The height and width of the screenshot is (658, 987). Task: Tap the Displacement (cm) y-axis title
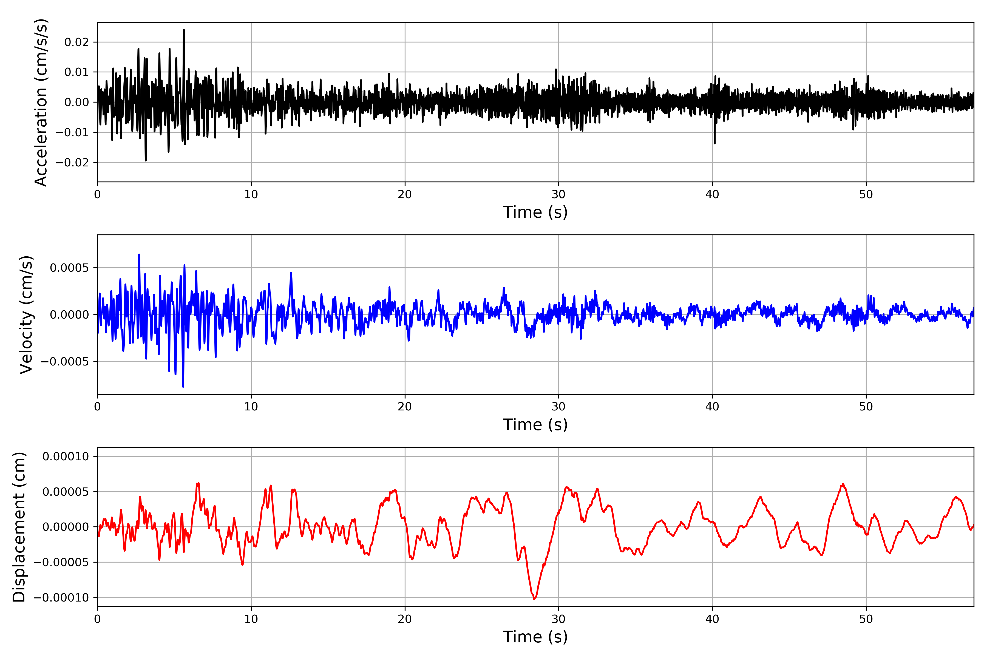tap(19, 527)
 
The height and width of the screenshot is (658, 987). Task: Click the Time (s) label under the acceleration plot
tap(535, 212)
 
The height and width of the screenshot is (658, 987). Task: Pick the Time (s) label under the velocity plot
tap(535, 425)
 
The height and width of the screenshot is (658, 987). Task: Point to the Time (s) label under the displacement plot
tap(535, 637)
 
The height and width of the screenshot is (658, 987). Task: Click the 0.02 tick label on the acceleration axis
tap(77, 42)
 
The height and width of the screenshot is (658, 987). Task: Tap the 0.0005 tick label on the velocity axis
tap(70, 268)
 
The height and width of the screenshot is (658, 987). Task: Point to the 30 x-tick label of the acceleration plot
tap(558, 195)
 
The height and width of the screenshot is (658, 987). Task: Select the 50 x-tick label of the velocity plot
tap(866, 407)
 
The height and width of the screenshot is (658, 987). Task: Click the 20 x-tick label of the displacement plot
tap(405, 619)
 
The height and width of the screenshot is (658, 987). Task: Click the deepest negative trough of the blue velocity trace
tap(183, 387)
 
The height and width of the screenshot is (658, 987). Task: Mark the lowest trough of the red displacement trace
tap(534, 599)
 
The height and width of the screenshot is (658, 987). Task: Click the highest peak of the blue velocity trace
tap(139, 254)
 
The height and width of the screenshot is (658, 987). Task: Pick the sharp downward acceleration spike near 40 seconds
tap(715, 143)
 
